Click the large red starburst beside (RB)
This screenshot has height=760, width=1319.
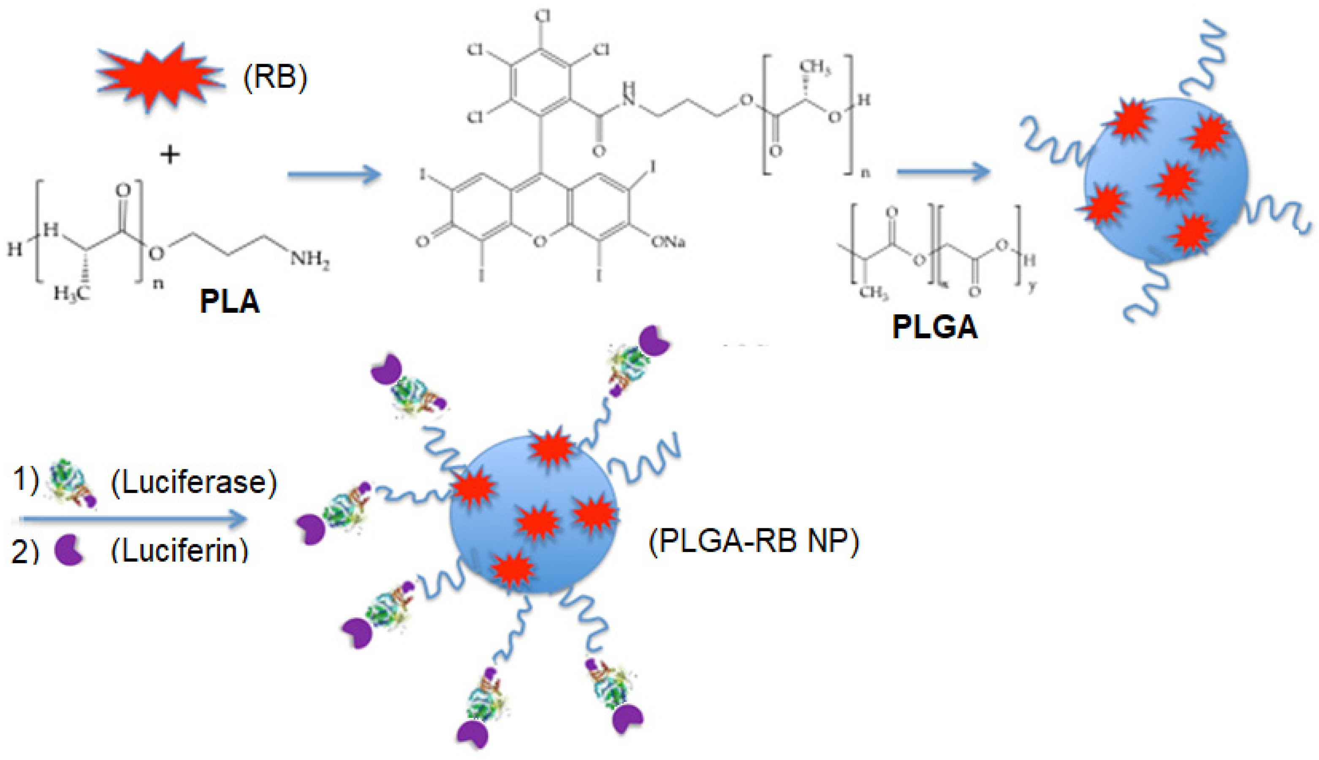click(159, 77)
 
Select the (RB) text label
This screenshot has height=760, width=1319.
click(275, 77)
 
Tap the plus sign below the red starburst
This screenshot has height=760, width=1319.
click(170, 155)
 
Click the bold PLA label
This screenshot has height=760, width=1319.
click(230, 301)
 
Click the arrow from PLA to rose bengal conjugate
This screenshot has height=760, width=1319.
click(334, 174)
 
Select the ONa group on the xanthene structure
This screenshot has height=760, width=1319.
click(668, 242)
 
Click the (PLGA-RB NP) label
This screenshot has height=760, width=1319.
click(754, 541)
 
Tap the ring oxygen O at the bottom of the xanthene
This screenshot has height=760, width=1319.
click(540, 241)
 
